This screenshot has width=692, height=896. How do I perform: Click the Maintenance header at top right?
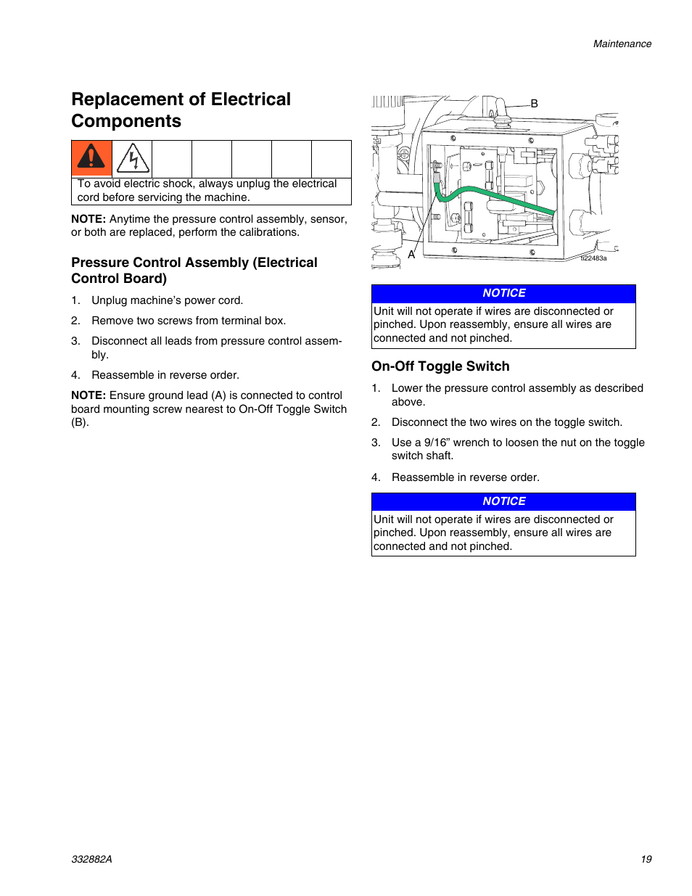622,44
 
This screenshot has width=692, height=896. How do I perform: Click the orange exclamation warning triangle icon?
91,157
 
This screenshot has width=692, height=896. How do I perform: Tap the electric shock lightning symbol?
133,158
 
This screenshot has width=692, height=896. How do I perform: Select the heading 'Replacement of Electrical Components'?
181,110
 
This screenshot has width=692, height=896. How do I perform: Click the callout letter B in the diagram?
534,104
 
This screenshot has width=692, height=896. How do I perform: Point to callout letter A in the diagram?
411,255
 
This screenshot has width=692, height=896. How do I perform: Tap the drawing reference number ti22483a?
593,258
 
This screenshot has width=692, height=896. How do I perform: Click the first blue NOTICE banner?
503,293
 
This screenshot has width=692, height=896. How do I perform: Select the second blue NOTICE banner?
503,501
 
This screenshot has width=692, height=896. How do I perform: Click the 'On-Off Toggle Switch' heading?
440,366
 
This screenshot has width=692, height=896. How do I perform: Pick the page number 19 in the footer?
646,859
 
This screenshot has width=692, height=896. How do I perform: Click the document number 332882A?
91,859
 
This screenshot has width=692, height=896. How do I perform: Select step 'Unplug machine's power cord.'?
167,300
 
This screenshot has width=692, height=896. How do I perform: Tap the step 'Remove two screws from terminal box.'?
189,321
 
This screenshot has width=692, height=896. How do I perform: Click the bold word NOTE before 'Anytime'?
88,219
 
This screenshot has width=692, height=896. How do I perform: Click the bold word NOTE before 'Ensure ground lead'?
88,395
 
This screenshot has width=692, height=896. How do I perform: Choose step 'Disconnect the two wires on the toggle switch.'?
506,422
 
